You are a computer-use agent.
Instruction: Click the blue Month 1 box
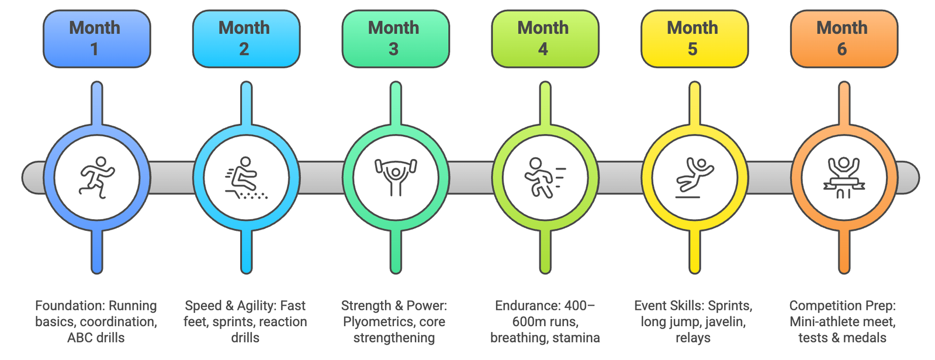pos(97,39)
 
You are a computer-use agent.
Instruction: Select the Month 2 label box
pos(246,39)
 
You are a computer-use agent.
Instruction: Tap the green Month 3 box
pos(396,39)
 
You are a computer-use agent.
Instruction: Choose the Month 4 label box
pos(545,39)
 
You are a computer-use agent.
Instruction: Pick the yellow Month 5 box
pos(694,39)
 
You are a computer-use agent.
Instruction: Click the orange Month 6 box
pos(844,39)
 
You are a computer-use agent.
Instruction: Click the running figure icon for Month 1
pos(97,177)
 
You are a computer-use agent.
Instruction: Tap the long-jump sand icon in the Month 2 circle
pos(246,178)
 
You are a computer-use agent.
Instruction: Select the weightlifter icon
pos(396,176)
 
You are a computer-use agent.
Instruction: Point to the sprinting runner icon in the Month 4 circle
pos(545,177)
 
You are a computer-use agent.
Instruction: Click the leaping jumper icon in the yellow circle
pos(694,177)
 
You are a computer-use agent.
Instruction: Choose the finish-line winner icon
pos(844,177)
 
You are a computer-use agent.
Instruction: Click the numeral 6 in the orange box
pos(842,49)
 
